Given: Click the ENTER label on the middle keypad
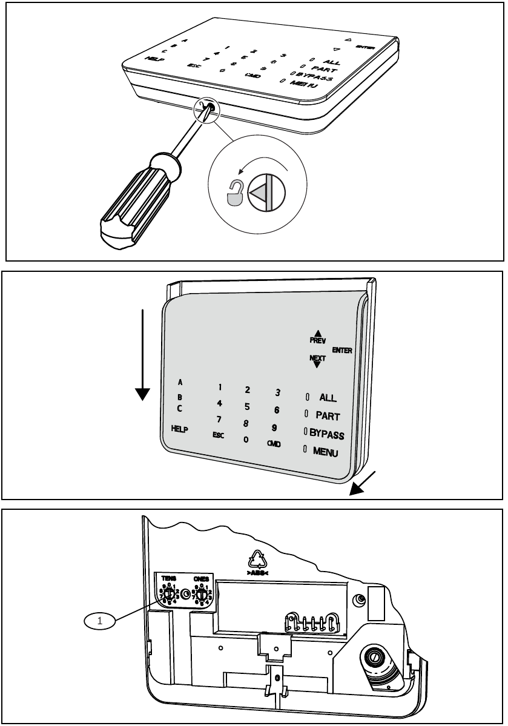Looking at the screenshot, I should point(342,350).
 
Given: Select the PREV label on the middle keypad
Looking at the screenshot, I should point(318,340).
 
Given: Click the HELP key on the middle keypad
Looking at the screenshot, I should point(179,429).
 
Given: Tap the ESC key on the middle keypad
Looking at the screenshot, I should point(218,435).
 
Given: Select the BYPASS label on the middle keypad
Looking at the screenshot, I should point(327,435).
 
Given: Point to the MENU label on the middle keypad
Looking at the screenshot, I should point(326,452).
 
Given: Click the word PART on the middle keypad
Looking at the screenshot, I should point(327,416).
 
